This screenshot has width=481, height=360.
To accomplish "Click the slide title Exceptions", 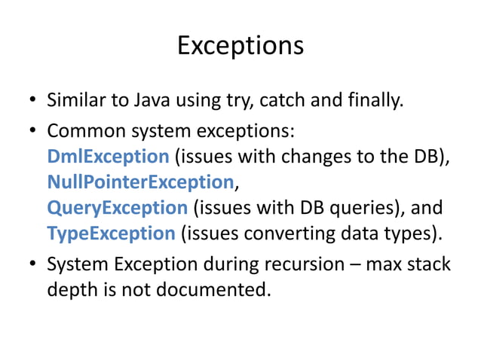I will click(240, 45).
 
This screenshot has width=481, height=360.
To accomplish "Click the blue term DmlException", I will click(108, 157).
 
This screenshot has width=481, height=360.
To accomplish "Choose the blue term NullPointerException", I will click(141, 182).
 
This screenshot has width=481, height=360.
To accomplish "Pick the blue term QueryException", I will click(117, 208).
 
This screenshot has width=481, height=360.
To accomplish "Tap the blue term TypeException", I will click(111, 233).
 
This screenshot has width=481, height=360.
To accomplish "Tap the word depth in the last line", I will click(70, 290).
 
